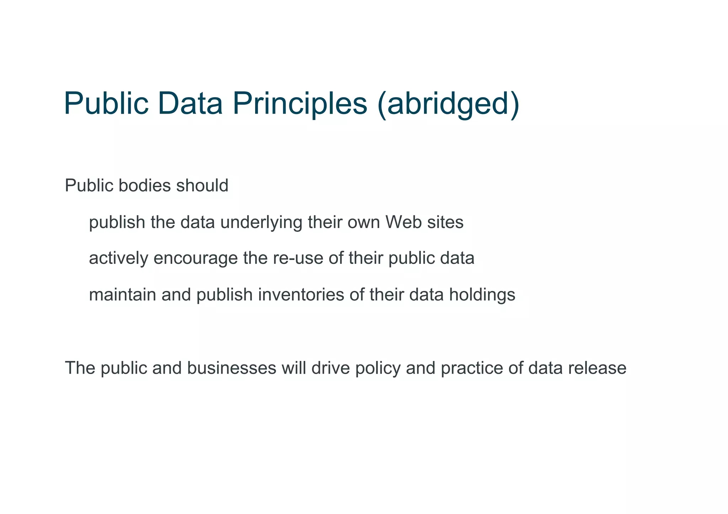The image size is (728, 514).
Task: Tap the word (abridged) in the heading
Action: click(448, 103)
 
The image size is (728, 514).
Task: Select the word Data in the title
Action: click(192, 103)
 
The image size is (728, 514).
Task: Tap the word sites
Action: click(447, 222)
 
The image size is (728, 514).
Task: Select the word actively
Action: click(118, 259)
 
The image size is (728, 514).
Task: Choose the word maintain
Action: click(122, 295)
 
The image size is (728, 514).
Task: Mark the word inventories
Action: click(301, 295)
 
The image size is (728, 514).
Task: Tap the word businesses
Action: click(232, 368)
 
